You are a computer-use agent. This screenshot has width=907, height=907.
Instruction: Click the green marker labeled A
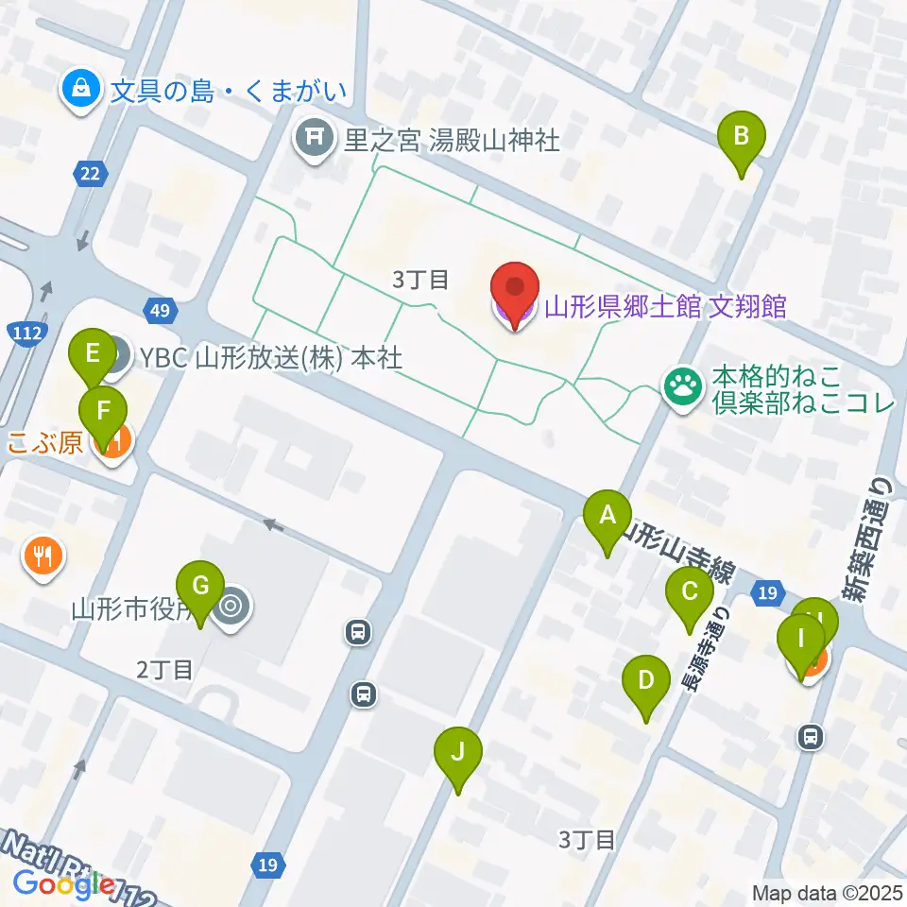608,516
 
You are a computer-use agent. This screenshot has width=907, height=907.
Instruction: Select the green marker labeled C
689,592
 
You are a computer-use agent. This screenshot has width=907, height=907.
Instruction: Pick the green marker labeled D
646,680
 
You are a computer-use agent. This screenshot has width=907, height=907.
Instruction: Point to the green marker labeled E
93,354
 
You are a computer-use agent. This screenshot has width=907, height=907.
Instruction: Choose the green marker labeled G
200,585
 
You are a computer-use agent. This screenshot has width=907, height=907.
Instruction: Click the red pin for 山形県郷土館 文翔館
515,289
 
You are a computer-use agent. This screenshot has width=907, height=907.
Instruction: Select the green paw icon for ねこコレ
682,385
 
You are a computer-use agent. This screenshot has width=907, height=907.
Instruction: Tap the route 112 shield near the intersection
24,332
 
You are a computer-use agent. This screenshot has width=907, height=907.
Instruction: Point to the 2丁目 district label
165,671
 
